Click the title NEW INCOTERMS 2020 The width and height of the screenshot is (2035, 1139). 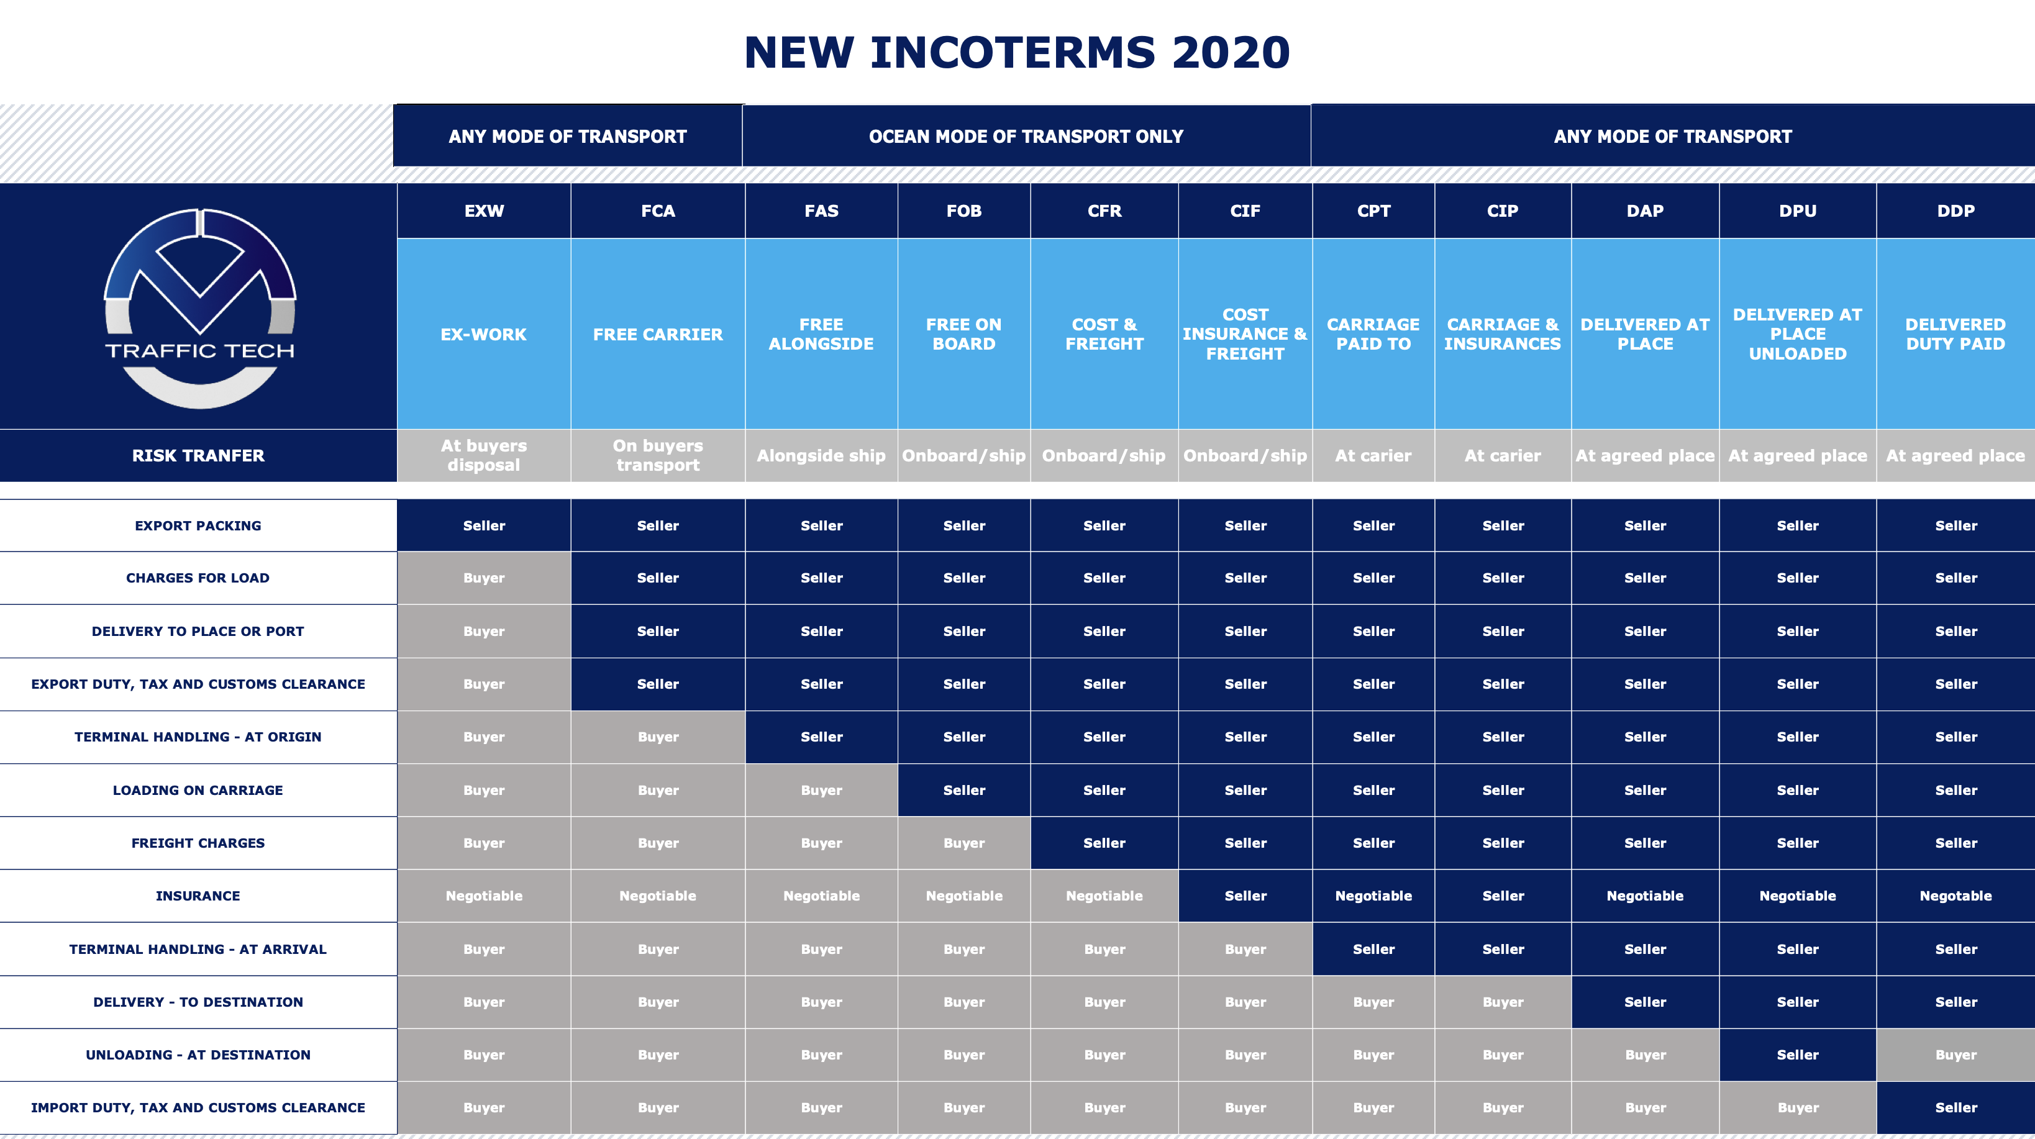[1017, 53]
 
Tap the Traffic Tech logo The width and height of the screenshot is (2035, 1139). [200, 308]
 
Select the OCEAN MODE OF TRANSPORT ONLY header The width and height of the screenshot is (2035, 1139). [1026, 137]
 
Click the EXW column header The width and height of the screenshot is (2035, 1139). [483, 211]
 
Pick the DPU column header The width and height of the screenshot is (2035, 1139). [1797, 211]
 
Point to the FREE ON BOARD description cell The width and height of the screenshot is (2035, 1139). [964, 334]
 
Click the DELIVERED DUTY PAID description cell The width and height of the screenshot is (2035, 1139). [1955, 334]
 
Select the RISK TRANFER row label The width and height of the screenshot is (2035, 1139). [198, 456]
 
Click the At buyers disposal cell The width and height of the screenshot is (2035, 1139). [483, 456]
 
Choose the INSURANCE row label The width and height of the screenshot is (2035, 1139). [198, 896]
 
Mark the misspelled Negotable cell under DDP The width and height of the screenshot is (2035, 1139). [1955, 896]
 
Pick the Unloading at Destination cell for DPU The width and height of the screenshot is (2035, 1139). [1797, 1055]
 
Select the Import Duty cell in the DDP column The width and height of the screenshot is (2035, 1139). [1955, 1107]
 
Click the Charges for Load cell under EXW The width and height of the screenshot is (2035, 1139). [483, 578]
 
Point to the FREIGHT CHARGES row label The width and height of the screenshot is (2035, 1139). [198, 843]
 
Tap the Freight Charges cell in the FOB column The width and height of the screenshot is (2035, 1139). [964, 843]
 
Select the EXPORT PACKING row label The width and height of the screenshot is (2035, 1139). [198, 525]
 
